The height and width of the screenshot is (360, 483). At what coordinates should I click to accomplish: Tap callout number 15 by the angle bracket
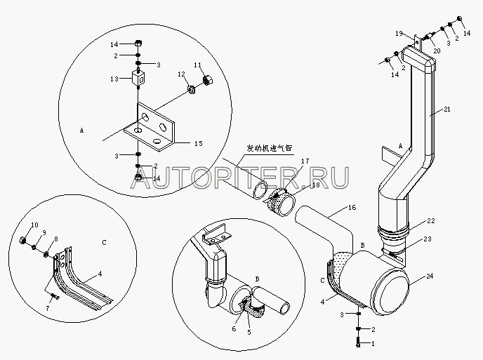(x=198, y=143)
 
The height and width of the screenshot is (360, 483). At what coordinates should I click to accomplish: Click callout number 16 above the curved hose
(x=351, y=208)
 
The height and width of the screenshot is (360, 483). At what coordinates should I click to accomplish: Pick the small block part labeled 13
(x=139, y=79)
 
